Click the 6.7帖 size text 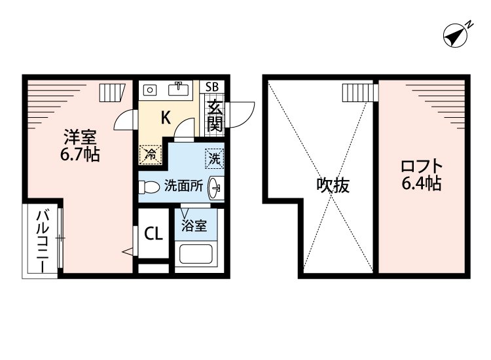tap(80, 156)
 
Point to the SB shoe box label tap(213, 87)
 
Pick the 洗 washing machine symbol tap(214, 158)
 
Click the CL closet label tap(154, 233)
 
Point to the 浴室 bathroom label tap(194, 226)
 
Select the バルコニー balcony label tap(40, 242)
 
